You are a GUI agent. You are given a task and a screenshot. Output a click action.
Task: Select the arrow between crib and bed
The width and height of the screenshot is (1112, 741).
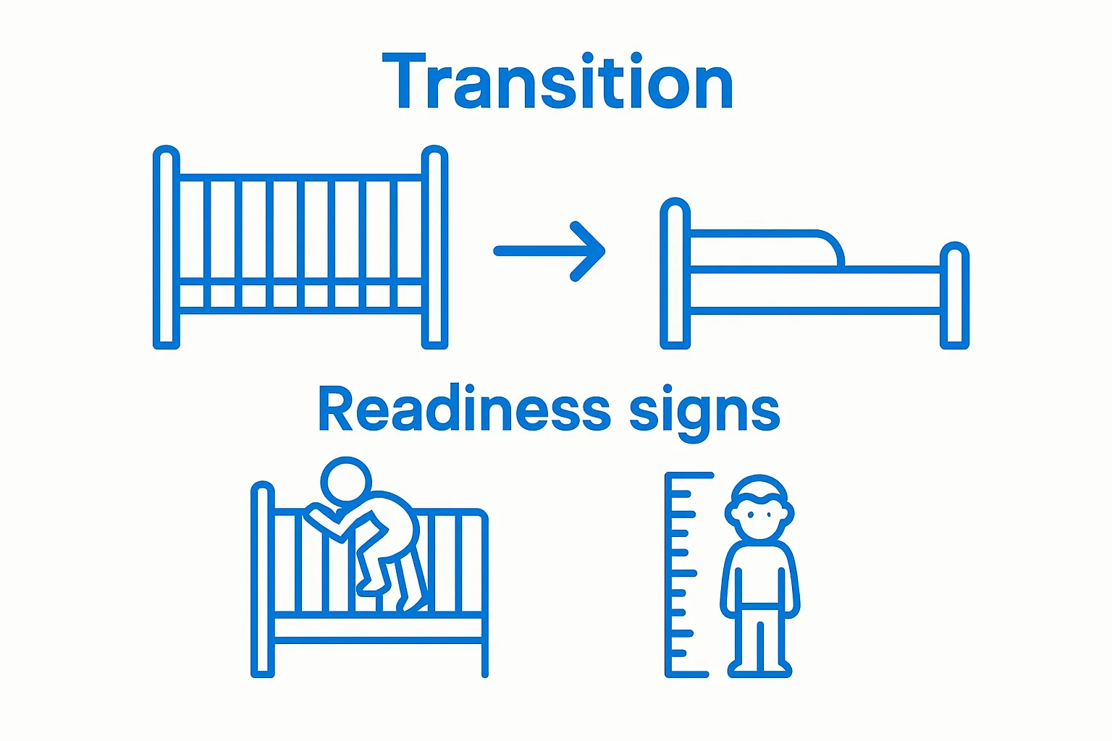coord(550,251)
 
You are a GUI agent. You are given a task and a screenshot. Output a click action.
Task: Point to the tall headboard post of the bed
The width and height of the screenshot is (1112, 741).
coord(675,274)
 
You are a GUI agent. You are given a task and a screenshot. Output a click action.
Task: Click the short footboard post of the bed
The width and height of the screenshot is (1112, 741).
coord(954,295)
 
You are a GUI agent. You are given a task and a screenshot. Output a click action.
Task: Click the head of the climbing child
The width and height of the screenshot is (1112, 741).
coord(346,480)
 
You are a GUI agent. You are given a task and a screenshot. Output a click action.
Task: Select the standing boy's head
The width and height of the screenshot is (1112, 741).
coord(759,509)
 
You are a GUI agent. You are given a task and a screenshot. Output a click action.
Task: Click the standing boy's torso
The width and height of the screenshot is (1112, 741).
coord(759,575)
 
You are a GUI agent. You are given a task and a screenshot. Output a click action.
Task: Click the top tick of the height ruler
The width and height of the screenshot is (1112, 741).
coord(691,476)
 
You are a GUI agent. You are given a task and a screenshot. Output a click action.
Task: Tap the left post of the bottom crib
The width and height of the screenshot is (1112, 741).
coord(262,579)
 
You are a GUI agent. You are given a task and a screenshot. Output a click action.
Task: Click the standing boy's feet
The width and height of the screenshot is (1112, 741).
coord(759,667)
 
